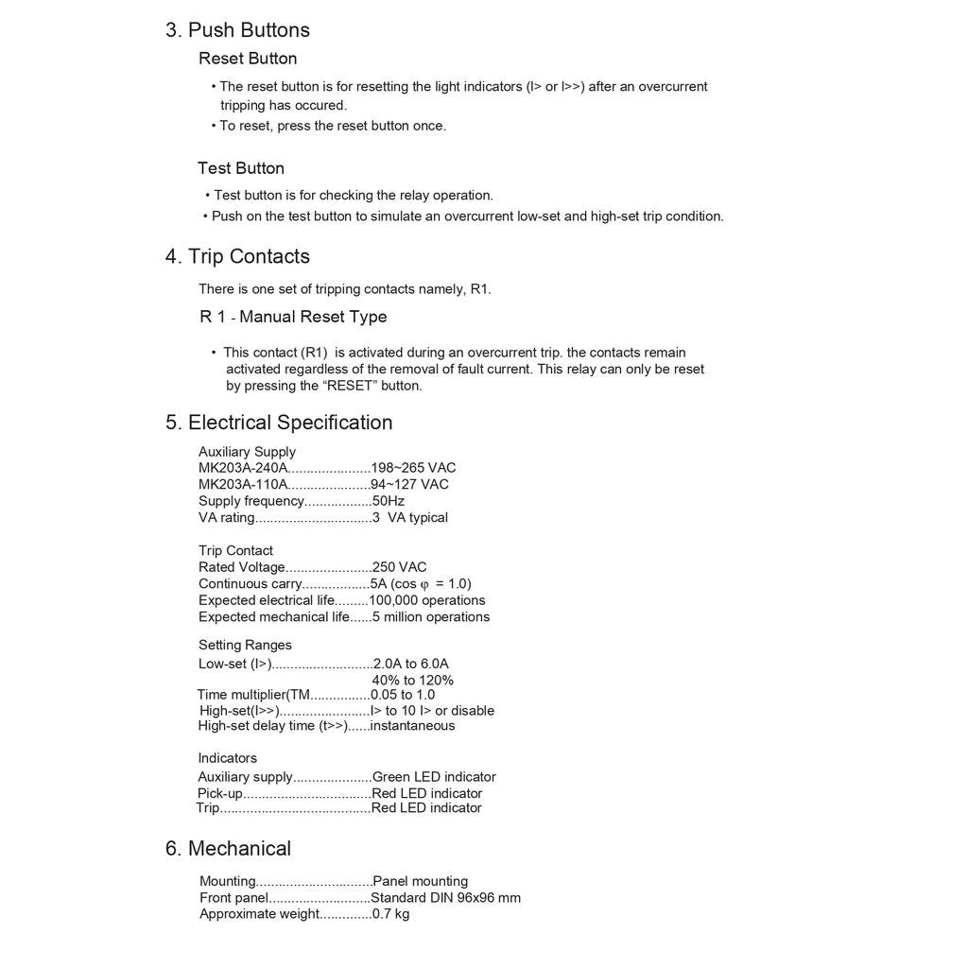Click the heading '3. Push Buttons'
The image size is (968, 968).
click(x=237, y=30)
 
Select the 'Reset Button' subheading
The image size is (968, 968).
click(x=248, y=59)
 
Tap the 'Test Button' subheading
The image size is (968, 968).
click(x=241, y=168)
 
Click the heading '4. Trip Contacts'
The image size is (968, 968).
click(x=237, y=257)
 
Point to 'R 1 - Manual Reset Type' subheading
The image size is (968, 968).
click(x=293, y=317)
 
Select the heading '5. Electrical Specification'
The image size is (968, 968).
click(x=279, y=423)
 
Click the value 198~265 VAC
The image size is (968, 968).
click(x=413, y=468)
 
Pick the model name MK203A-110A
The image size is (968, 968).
click(x=243, y=485)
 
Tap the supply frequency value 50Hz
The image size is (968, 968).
click(x=388, y=501)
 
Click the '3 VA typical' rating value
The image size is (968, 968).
click(x=409, y=518)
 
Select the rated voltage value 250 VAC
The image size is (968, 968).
click(x=399, y=567)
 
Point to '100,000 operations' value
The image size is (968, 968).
click(x=427, y=600)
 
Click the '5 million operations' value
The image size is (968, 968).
click(x=431, y=617)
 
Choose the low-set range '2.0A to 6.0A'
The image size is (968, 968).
click(x=411, y=664)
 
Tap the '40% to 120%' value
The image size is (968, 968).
click(x=412, y=681)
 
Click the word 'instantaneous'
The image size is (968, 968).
click(x=412, y=726)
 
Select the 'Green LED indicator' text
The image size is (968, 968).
click(x=434, y=777)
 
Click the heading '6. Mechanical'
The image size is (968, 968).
click(x=228, y=849)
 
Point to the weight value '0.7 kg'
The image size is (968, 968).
click(x=390, y=914)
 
